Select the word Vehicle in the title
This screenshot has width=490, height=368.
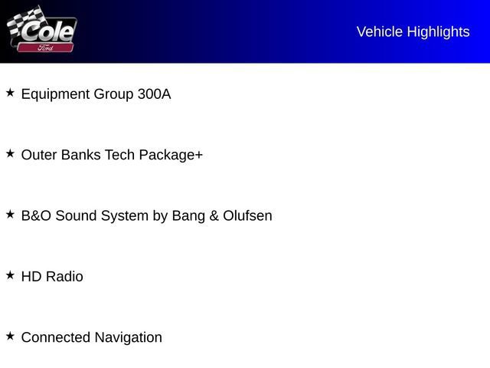[x=380, y=31]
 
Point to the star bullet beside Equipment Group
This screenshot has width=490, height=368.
[x=10, y=93]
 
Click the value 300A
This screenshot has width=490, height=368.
[x=154, y=94]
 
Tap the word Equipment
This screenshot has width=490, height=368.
[x=55, y=94]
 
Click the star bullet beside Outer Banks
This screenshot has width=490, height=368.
[x=10, y=153]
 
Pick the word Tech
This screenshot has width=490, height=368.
[x=119, y=155]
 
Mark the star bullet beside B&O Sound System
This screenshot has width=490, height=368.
[x=10, y=215]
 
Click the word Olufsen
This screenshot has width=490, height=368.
[x=247, y=215]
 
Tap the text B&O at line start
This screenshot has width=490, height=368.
[x=35, y=215]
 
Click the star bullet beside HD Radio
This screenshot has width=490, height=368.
[x=10, y=275]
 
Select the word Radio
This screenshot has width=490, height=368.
[x=64, y=276]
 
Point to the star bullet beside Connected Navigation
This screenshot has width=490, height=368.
[x=10, y=336]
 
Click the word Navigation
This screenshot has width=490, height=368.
[x=128, y=337]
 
